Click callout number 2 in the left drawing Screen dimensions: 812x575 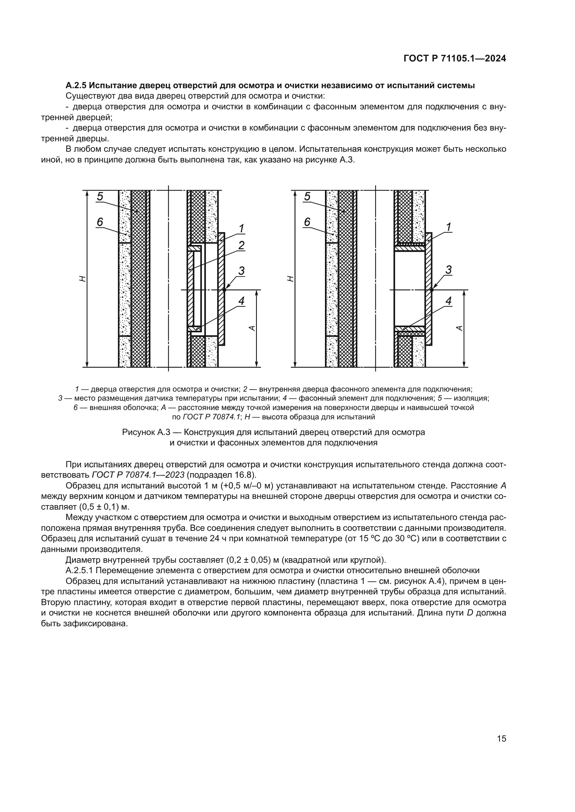(241, 245)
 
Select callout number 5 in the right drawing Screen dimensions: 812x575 (307, 196)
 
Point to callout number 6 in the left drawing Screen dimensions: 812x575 (100, 222)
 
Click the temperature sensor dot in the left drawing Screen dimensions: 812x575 (224, 290)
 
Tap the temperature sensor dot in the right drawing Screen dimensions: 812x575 (431, 290)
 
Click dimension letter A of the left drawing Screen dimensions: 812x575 (252, 328)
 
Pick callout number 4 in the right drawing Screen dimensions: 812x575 (448, 301)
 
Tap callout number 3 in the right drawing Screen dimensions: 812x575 (448, 270)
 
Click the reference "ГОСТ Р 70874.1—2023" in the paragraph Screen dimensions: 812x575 (135, 475)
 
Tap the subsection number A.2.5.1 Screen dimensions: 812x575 (79, 570)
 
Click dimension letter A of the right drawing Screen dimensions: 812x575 (459, 328)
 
